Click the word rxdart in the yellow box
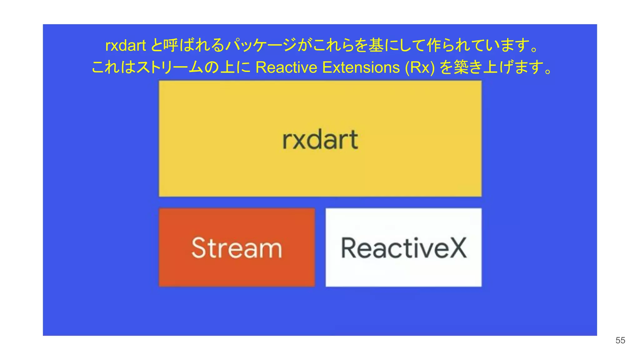click(320, 140)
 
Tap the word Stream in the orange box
click(237, 248)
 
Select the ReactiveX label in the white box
click(404, 248)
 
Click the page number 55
click(620, 340)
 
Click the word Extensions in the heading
click(361, 67)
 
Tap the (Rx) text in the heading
click(420, 67)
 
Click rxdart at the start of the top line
click(126, 46)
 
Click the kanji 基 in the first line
click(376, 45)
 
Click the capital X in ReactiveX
click(457, 248)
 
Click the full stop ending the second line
click(548, 71)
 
